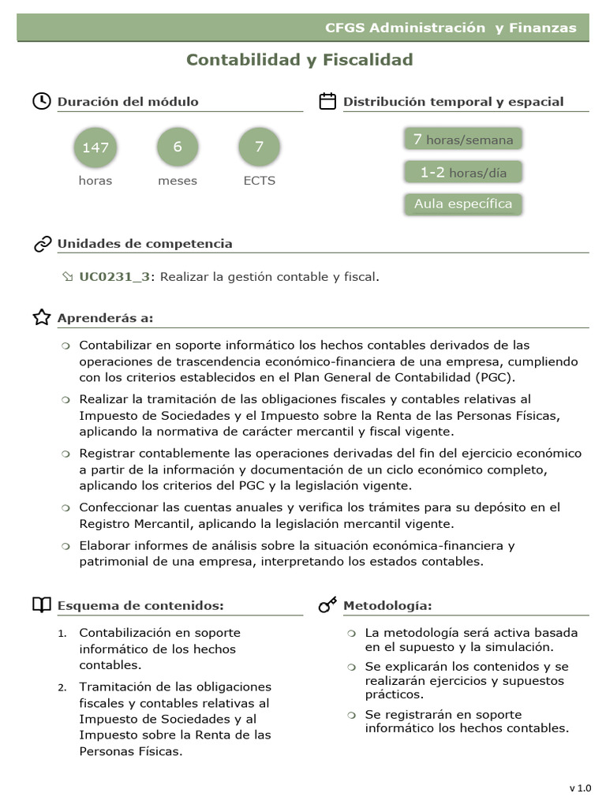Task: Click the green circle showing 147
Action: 95,148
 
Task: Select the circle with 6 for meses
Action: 178,147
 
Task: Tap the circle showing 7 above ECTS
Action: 259,147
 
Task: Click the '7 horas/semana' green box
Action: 463,140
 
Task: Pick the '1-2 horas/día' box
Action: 463,172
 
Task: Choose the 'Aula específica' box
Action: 463,204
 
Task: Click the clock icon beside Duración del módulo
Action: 41,101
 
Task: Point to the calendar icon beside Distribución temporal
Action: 327,101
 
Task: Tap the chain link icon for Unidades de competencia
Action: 43,244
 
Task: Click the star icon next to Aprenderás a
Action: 42,317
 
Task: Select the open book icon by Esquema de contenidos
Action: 42,605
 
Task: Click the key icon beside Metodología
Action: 327,605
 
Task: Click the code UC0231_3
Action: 114,276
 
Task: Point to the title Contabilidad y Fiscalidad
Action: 300,60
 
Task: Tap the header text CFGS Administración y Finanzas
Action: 451,28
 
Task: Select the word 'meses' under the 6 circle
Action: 178,181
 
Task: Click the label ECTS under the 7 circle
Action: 259,181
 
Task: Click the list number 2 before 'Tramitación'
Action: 62,687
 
